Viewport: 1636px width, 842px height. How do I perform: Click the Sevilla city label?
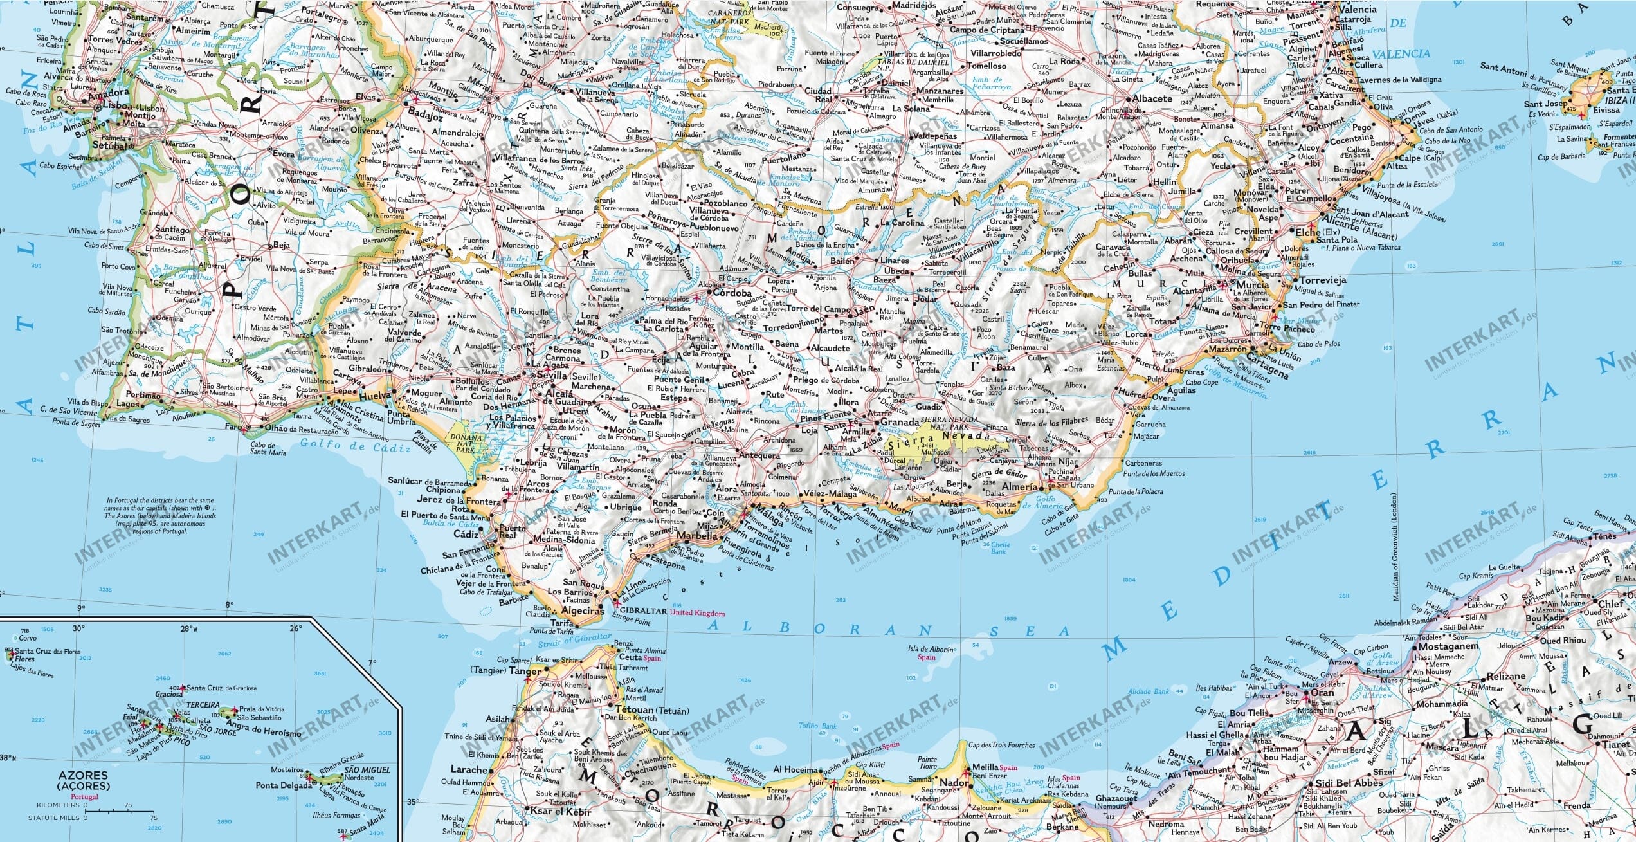550,376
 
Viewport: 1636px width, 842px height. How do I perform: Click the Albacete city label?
1152,99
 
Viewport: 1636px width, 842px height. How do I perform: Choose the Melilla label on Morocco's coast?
985,767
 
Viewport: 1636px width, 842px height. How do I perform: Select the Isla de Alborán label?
931,650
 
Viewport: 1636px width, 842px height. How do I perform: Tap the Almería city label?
1020,487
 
